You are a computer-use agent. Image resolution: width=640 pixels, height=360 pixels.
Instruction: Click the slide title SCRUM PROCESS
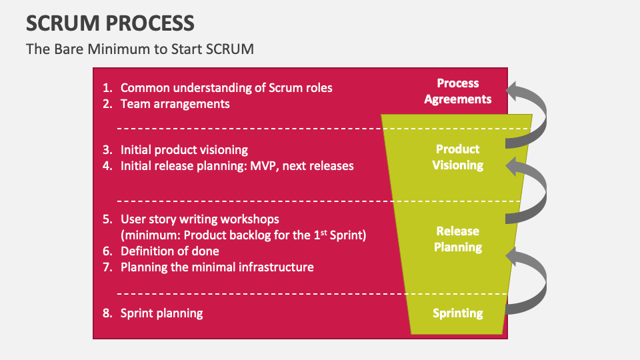point(110,23)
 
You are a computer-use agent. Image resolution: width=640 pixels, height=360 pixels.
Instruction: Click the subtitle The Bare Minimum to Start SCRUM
point(140,49)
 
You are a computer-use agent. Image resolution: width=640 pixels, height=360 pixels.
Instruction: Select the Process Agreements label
point(457,91)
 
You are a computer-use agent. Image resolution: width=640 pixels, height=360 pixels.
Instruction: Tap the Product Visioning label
point(457,157)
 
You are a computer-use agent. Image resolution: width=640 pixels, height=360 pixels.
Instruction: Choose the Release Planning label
point(457,239)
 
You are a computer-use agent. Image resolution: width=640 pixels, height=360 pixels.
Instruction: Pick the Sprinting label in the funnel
point(457,313)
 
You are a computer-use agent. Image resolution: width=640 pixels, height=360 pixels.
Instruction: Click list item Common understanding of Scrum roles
point(226,88)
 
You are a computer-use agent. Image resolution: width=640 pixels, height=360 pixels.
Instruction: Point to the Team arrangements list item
point(175,104)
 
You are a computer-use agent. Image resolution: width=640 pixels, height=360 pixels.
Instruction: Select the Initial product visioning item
point(184,150)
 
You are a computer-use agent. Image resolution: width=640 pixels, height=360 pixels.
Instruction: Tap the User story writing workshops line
point(199,219)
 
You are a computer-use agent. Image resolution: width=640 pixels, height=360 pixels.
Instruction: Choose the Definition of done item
point(169,251)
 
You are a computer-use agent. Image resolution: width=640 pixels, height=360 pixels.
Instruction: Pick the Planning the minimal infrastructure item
point(217,267)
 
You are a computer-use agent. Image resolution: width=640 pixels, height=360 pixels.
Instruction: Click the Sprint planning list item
point(161,313)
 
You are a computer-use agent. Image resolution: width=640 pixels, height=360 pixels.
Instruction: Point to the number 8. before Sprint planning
point(107,313)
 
